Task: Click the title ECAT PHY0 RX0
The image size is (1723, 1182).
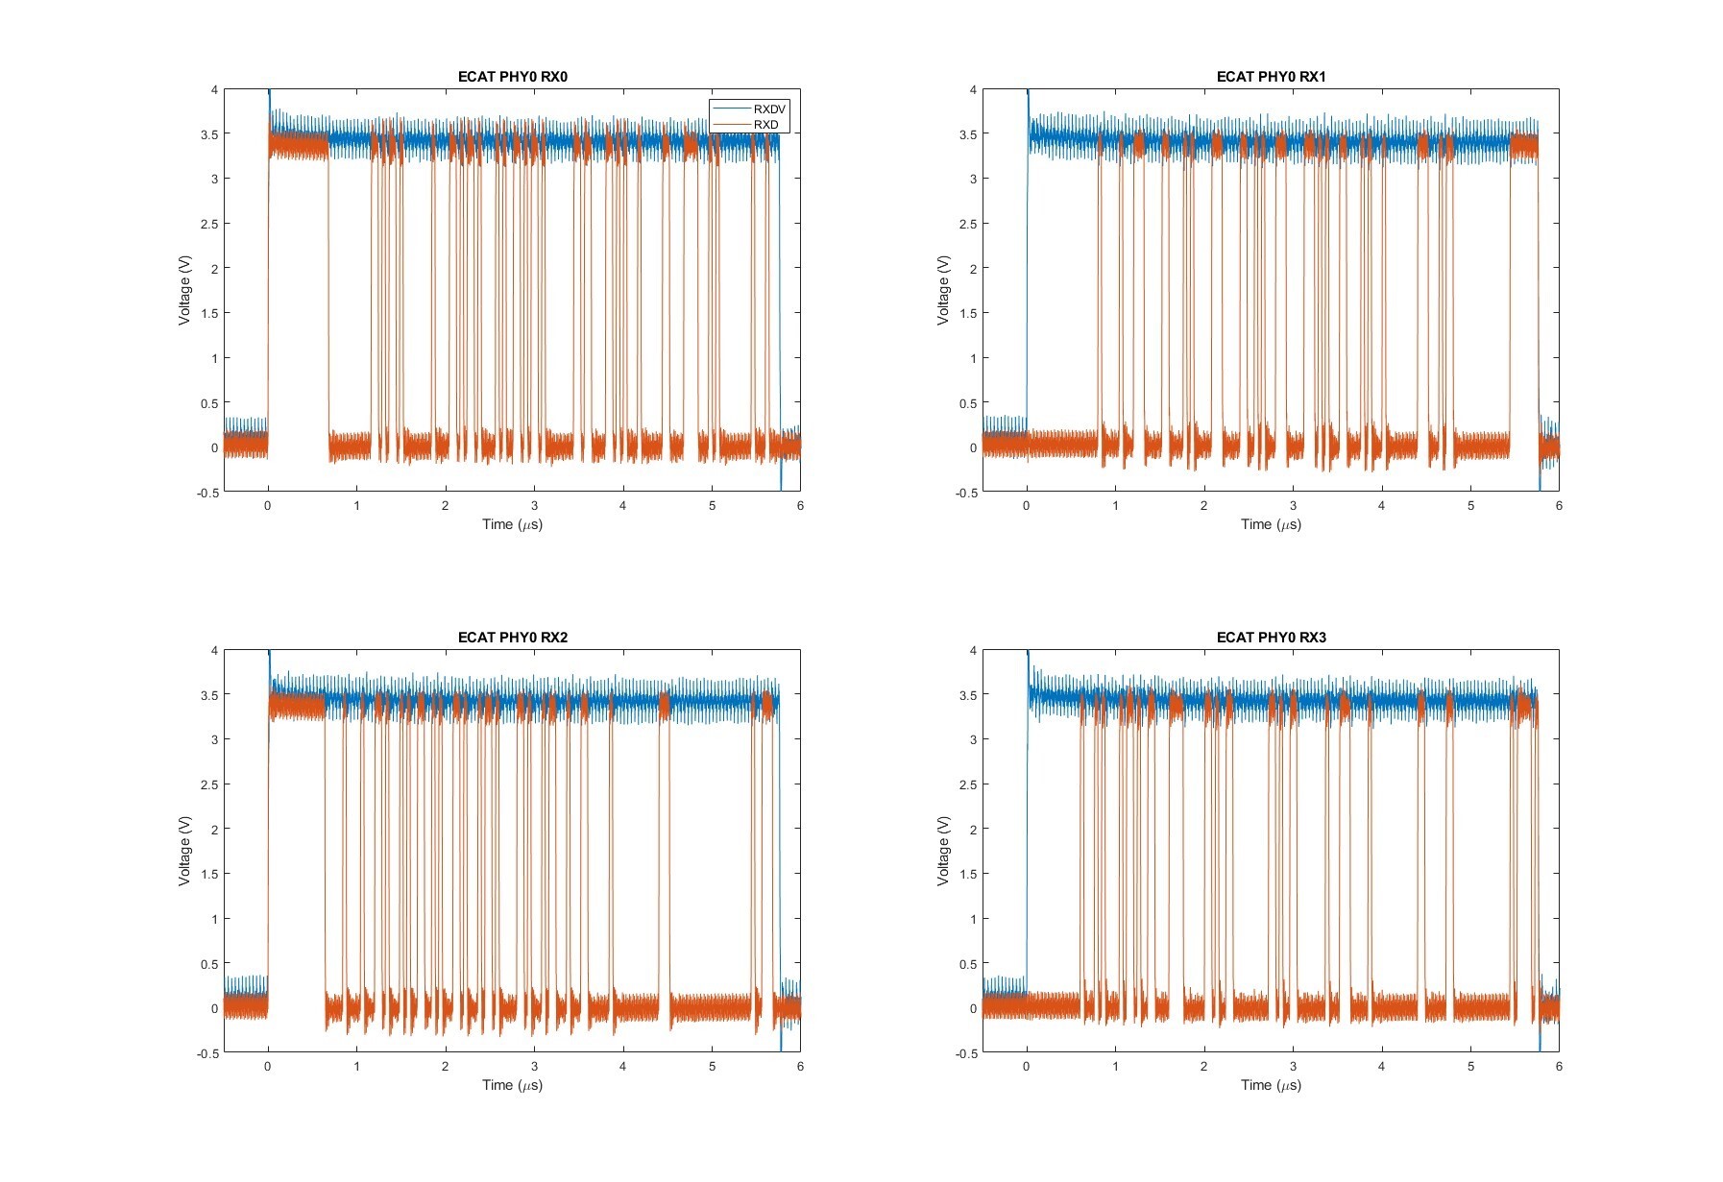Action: pyautogui.click(x=512, y=77)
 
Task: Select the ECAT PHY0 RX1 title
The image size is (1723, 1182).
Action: pyautogui.click(x=1271, y=77)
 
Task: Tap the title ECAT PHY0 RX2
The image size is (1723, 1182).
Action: pyautogui.click(x=512, y=638)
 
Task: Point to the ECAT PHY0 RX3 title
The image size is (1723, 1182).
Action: pyautogui.click(x=1271, y=638)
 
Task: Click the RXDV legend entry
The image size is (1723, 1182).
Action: pyautogui.click(x=769, y=109)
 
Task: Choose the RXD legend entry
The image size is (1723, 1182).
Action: pyautogui.click(x=765, y=125)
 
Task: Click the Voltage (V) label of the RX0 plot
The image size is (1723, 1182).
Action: pyautogui.click(x=184, y=290)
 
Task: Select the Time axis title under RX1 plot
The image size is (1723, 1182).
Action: pyautogui.click(x=1271, y=524)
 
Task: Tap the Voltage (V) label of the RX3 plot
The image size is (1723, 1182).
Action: pyautogui.click(x=943, y=851)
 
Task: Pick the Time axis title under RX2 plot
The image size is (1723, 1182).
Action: pyautogui.click(x=512, y=1085)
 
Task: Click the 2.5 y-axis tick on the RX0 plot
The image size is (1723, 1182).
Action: pyautogui.click(x=208, y=224)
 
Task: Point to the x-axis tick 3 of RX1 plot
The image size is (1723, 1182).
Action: pyautogui.click(x=1293, y=506)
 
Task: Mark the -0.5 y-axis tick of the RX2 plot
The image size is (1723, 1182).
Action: pyautogui.click(x=207, y=1053)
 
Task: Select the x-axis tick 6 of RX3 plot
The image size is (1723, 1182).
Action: pyautogui.click(x=1559, y=1067)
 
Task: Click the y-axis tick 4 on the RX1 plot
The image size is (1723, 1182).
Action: pyautogui.click(x=973, y=90)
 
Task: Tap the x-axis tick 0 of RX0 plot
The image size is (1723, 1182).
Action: pyautogui.click(x=268, y=506)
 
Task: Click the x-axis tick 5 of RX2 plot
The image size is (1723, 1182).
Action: pyautogui.click(x=712, y=1067)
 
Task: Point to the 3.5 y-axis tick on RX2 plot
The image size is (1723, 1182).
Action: pyautogui.click(x=208, y=695)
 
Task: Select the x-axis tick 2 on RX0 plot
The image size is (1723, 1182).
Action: pyautogui.click(x=446, y=506)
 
